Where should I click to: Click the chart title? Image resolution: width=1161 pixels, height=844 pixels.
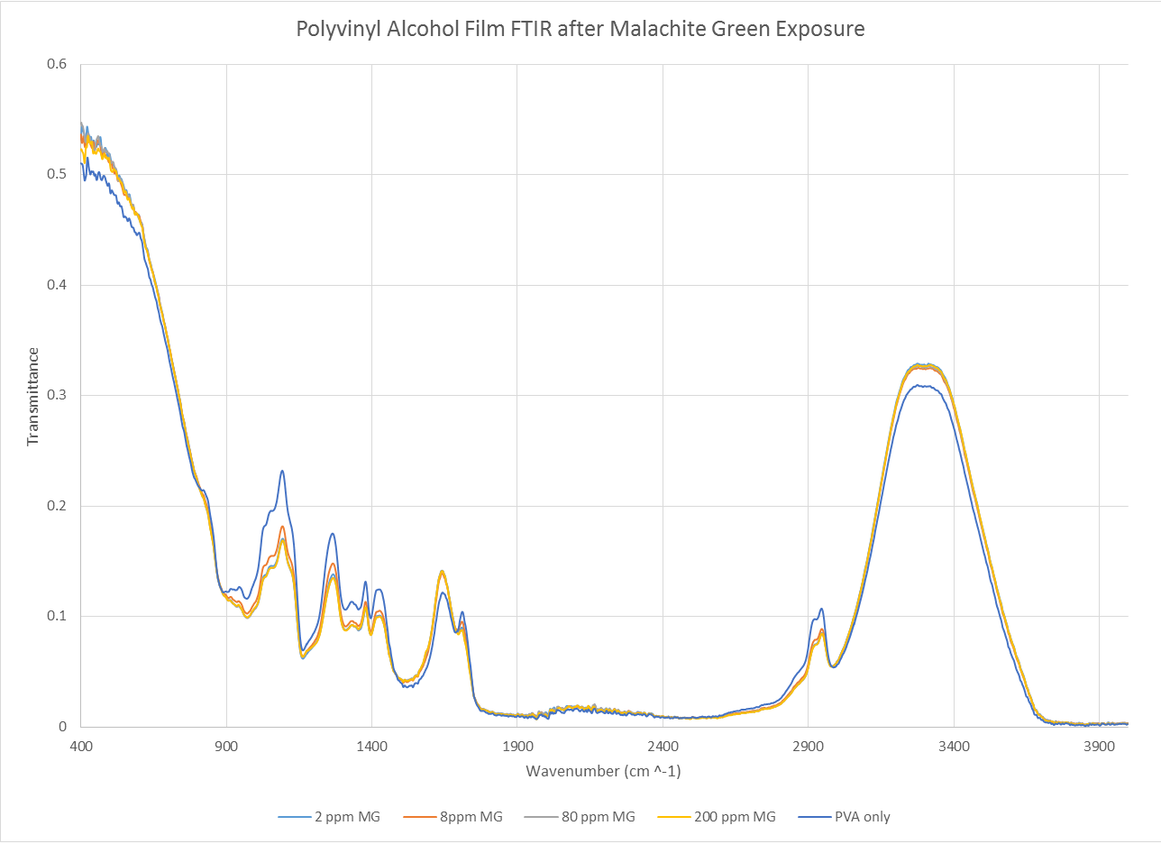580,29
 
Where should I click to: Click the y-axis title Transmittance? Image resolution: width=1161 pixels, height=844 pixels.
33,396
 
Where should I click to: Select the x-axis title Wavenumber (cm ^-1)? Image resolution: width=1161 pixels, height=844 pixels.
609,772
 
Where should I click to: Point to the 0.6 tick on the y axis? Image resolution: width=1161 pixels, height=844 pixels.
56,64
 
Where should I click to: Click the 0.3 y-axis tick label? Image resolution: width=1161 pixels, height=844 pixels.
56,395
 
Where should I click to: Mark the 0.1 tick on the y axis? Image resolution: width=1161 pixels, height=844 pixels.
56,616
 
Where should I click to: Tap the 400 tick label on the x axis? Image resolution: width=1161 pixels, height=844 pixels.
81,747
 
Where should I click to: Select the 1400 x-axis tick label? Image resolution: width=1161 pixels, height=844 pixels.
371,747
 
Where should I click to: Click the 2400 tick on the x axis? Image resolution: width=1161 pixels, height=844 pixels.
663,747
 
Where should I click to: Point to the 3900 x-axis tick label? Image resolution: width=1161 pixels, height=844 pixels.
1099,747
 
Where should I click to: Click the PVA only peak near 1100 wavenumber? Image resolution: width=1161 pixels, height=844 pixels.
282,472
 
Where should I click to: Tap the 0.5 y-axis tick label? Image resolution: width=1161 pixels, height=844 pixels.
56,174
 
